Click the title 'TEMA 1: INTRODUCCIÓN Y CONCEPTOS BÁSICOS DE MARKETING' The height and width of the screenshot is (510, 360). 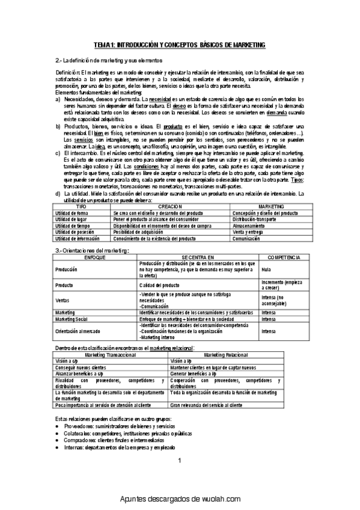(x=180, y=45)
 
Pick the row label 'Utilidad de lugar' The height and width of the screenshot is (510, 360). (x=71, y=220)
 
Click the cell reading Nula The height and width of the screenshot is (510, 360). (x=266, y=270)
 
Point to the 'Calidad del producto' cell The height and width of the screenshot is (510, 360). (x=161, y=284)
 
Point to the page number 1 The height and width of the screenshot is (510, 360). (x=179, y=460)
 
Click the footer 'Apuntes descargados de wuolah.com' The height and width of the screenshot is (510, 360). (x=180, y=499)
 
